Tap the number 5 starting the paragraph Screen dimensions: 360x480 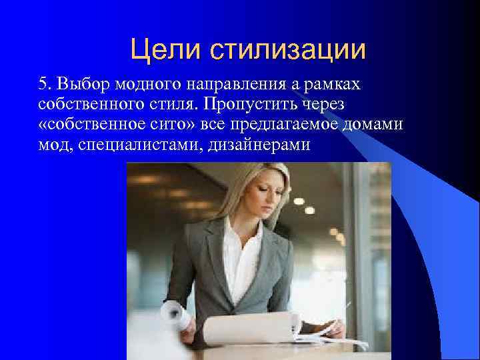tap(43, 85)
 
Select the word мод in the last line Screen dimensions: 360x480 tap(53, 144)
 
